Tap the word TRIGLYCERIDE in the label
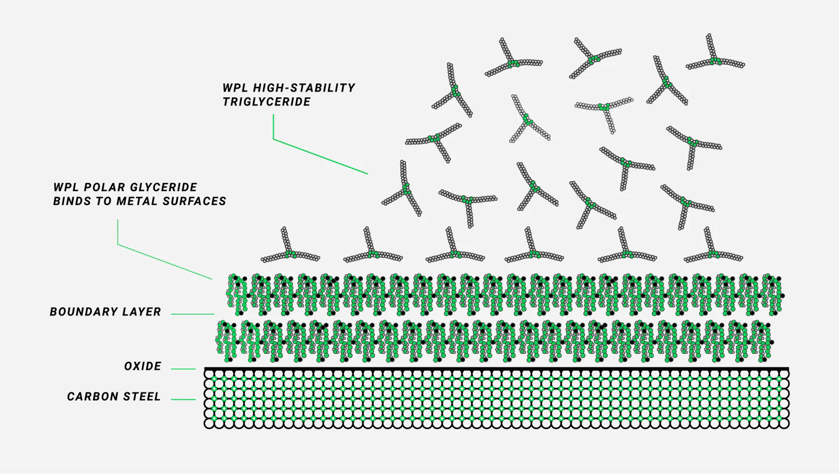click(x=266, y=102)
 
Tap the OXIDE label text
click(x=143, y=367)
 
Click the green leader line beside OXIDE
click(x=183, y=368)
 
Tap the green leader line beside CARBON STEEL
click(x=183, y=399)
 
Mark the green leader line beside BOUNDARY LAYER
click(x=192, y=314)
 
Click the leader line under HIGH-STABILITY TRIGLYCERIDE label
click(x=320, y=156)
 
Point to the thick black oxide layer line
click(x=495, y=368)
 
